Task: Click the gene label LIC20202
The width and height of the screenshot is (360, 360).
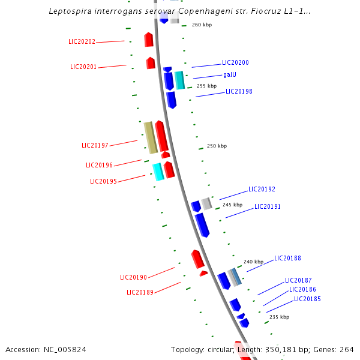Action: point(82,42)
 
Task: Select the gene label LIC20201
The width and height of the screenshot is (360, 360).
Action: point(83,67)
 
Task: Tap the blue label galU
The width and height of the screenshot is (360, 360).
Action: point(229,75)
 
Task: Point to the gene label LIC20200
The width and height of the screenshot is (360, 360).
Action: point(235,62)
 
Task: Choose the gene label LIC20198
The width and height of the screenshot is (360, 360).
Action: point(239,92)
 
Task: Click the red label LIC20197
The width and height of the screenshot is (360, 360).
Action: point(95,146)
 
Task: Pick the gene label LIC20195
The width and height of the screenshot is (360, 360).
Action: point(103,181)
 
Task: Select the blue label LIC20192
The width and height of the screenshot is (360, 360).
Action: point(262,190)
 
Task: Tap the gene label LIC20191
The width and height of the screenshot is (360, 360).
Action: point(268,206)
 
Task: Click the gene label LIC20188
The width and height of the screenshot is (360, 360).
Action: point(287,259)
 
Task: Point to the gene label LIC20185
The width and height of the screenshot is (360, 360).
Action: point(307,299)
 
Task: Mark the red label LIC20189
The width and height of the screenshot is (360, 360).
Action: point(140,292)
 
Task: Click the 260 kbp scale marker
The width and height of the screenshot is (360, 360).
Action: point(202,25)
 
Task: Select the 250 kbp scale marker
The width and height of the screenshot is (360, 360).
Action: point(217,146)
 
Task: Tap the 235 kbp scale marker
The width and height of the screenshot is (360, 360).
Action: point(279,317)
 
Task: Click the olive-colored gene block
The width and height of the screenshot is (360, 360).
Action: point(150,137)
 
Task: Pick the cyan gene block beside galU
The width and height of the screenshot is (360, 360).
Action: point(179,80)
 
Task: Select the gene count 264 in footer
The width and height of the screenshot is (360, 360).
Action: point(347,349)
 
